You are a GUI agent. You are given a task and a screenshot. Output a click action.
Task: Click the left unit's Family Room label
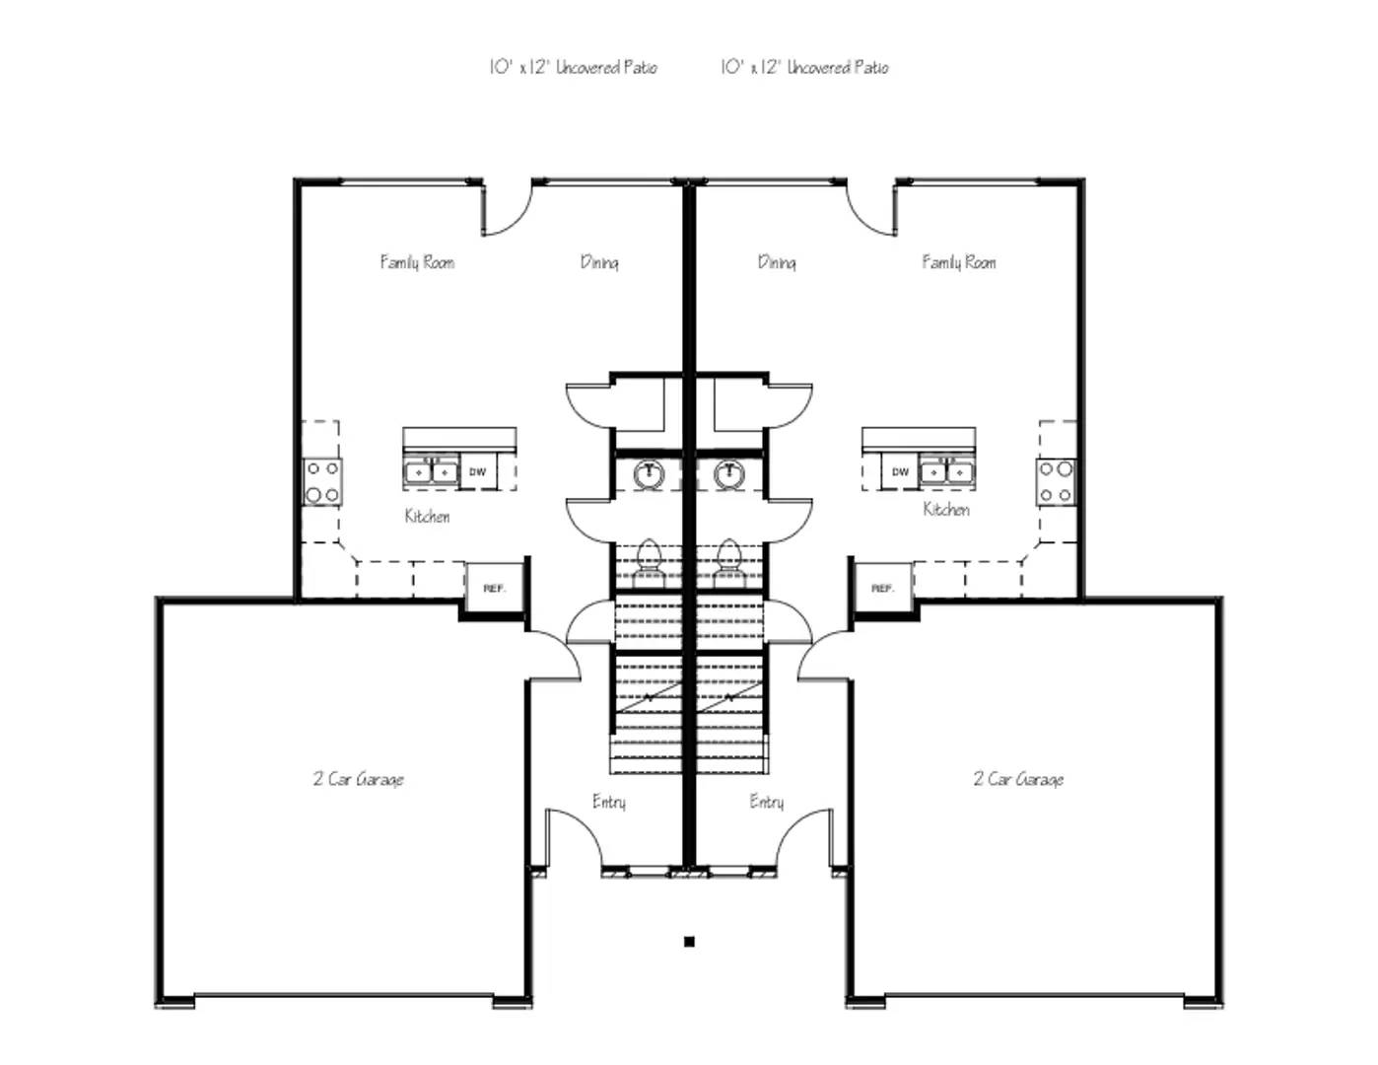[x=417, y=262]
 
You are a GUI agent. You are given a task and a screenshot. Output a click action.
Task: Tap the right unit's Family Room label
[x=958, y=262]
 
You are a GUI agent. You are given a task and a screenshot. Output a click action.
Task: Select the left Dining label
[x=599, y=262]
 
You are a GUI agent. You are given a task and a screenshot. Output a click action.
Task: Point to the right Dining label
[x=777, y=262]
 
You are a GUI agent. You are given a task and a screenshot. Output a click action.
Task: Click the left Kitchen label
[x=427, y=516]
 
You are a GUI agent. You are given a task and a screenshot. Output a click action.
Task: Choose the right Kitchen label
[x=946, y=510]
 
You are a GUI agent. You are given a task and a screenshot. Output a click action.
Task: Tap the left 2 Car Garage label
[x=359, y=779]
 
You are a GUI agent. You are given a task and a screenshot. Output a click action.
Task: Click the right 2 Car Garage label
[x=1018, y=779]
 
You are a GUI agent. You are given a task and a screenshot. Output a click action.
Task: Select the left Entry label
[x=609, y=802]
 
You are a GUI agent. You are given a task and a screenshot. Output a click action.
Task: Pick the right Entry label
[x=766, y=802]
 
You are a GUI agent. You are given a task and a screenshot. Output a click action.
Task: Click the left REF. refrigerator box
[x=494, y=589]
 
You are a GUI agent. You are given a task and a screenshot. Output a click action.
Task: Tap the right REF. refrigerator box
[x=882, y=589]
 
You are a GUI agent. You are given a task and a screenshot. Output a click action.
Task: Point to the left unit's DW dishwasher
[x=478, y=472]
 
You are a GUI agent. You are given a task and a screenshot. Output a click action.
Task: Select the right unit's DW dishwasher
[x=900, y=472]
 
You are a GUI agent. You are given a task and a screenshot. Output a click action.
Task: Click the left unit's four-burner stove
[x=322, y=481]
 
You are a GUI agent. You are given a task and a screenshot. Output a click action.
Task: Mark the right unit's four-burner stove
[x=1055, y=481]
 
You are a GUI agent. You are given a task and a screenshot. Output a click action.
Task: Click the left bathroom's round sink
[x=649, y=474]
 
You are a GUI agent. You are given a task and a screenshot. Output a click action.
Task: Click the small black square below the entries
[x=689, y=942]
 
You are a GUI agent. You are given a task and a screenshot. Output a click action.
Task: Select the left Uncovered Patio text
[x=573, y=67]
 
